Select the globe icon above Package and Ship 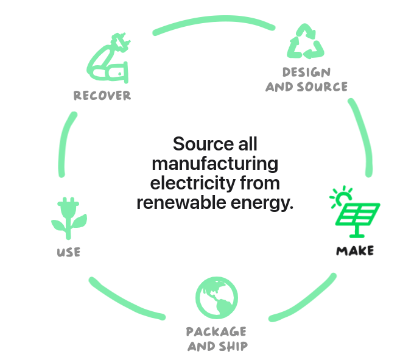216,297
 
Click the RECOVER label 102,96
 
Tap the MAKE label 355,251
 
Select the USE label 68,252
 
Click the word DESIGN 307,73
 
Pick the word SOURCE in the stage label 322,87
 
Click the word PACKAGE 216,332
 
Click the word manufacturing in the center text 215,164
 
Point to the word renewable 176,202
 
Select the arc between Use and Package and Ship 124,303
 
